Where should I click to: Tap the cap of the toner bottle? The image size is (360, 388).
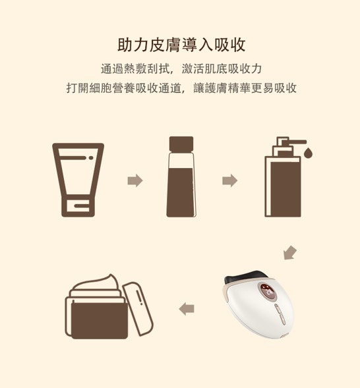click(181, 144)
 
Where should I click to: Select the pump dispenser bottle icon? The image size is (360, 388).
click(288, 177)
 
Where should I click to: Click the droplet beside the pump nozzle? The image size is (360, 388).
click(308, 152)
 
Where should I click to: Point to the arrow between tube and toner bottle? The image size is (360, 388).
click(135, 180)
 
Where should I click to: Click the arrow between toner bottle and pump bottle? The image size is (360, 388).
click(229, 180)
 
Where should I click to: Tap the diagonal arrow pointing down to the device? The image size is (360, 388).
click(290, 253)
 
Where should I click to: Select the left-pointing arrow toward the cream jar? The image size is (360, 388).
click(187, 308)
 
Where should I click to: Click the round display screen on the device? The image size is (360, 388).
click(268, 292)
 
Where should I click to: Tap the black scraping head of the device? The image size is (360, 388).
click(245, 277)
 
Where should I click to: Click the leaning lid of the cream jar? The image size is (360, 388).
click(138, 309)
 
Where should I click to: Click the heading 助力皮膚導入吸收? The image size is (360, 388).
click(181, 45)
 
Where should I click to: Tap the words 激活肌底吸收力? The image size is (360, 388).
click(222, 69)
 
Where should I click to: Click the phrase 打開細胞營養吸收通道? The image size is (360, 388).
click(124, 88)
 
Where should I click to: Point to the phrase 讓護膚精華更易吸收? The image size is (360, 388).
click(245, 88)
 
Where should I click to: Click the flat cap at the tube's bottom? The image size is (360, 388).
click(78, 206)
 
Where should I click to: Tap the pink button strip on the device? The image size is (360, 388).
click(280, 314)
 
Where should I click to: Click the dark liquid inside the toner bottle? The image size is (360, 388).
click(181, 192)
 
